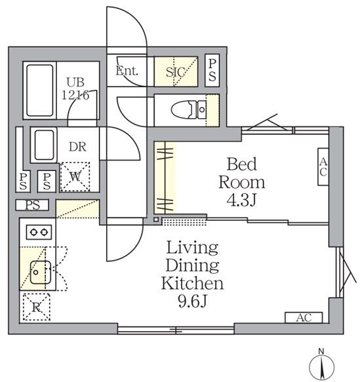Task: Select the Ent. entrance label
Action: (x=127, y=71)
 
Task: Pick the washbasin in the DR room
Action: (x=44, y=145)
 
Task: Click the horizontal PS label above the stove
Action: (x=33, y=205)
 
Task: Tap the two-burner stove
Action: (x=38, y=231)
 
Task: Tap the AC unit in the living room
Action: (x=302, y=318)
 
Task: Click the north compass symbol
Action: (x=322, y=366)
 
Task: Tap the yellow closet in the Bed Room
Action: (x=165, y=178)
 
